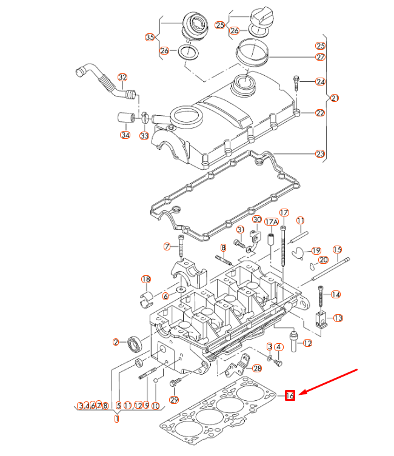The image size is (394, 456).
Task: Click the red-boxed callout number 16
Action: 290,395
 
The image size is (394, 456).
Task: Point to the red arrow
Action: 330,382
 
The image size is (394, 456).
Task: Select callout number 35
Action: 150,38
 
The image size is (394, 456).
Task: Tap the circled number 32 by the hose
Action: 122,78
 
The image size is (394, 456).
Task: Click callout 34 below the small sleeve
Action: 125,135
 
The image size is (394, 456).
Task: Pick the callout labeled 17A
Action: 271,222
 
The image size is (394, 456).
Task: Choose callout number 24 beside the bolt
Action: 320,81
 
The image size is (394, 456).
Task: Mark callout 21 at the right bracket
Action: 335,98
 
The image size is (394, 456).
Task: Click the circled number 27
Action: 320,57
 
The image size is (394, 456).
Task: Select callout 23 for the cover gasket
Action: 320,154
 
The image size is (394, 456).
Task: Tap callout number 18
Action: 145,279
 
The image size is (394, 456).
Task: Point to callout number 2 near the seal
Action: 115,342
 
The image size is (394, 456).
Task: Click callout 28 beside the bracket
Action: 257,368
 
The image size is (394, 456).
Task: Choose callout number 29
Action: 175,400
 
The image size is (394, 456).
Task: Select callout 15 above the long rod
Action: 337,250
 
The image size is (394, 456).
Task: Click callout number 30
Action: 256,220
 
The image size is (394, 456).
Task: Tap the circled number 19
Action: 316,250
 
